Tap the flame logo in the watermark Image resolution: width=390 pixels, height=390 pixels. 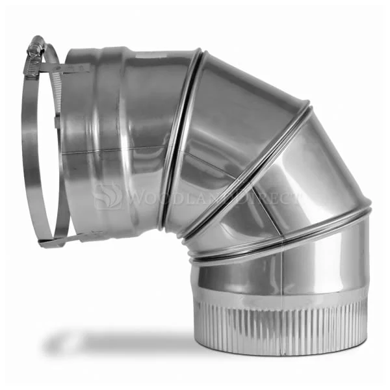point(109,196)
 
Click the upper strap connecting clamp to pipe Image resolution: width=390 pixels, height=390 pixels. point(65,68)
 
